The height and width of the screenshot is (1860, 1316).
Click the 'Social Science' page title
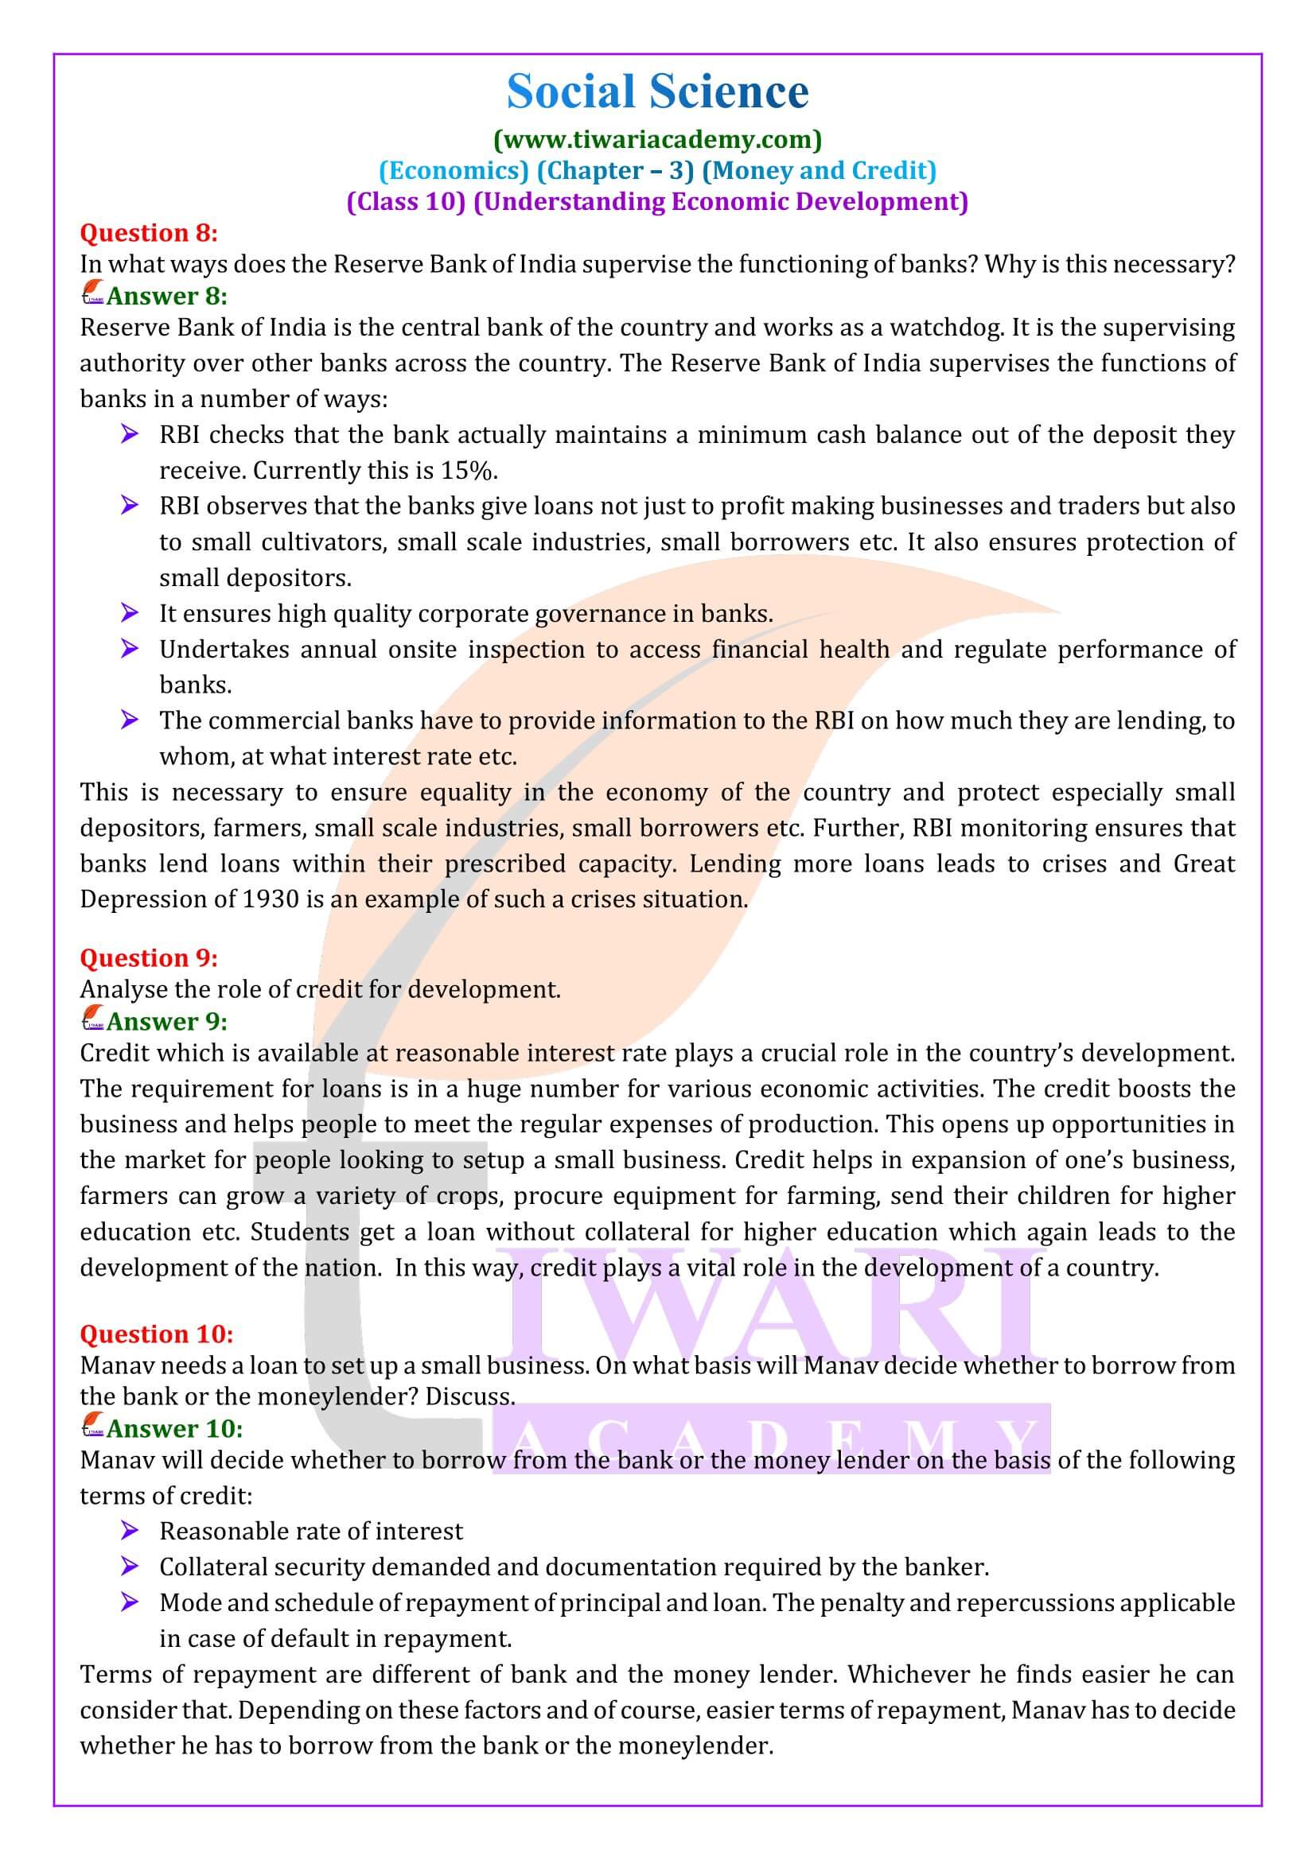pos(657,92)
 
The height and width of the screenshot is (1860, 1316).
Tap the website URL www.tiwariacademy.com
pos(657,139)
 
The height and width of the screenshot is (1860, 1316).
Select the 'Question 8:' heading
pos(149,233)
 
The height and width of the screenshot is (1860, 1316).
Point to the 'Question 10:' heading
pos(157,1334)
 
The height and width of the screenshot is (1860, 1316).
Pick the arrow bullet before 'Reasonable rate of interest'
pos(129,1531)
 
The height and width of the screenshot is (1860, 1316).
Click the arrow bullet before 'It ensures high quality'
pos(129,613)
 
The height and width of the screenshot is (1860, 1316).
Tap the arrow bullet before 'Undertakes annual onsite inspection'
pos(129,649)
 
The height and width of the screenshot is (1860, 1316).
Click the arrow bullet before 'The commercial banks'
pos(129,720)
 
